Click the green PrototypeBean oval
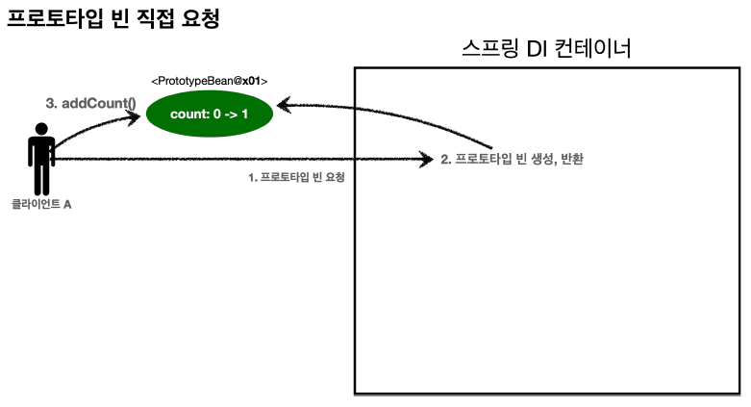(210, 115)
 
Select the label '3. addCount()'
(91, 102)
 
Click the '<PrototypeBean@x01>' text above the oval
(210, 82)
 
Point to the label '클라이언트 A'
(41, 205)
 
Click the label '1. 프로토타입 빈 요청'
(296, 178)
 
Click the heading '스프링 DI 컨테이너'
(546, 48)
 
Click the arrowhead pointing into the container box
(428, 160)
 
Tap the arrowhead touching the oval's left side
(137, 114)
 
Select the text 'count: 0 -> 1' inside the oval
(210, 115)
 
